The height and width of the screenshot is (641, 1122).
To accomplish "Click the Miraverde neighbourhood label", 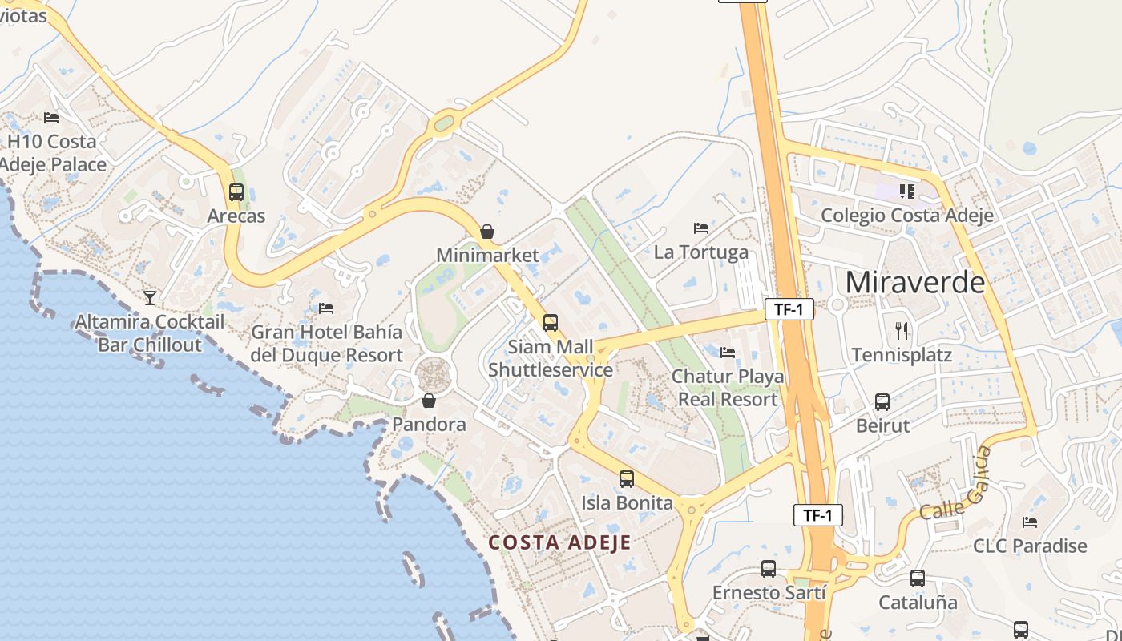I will [915, 282].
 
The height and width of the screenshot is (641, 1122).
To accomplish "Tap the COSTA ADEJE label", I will [560, 542].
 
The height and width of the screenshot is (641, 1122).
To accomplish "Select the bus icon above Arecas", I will [236, 192].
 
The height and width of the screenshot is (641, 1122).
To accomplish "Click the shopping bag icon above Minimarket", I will [486, 232].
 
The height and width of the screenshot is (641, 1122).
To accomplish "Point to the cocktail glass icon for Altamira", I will [150, 298].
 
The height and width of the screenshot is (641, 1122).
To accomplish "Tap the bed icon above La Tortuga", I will [701, 228].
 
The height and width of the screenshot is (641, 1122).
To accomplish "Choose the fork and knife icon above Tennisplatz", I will [902, 330].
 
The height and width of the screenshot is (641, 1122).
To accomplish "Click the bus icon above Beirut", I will [882, 401].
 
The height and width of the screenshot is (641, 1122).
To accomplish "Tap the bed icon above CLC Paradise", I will [1030, 522].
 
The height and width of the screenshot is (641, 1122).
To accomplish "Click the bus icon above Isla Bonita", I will [627, 479].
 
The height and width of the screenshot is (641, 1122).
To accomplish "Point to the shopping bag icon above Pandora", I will [429, 401].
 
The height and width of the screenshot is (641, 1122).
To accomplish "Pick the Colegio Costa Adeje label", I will [907, 215].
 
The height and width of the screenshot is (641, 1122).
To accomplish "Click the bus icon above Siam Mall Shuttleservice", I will [551, 323].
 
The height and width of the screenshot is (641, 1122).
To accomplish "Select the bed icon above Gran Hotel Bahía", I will [326, 308].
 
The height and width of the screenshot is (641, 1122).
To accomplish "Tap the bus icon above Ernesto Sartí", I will [769, 569].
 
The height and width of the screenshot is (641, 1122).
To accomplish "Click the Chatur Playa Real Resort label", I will [728, 387].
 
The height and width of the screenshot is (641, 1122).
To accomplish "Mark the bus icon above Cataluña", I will [918, 578].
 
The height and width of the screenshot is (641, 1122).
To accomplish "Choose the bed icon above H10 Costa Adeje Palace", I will [52, 118].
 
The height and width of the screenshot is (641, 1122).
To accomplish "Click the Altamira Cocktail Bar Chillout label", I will [150, 333].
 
